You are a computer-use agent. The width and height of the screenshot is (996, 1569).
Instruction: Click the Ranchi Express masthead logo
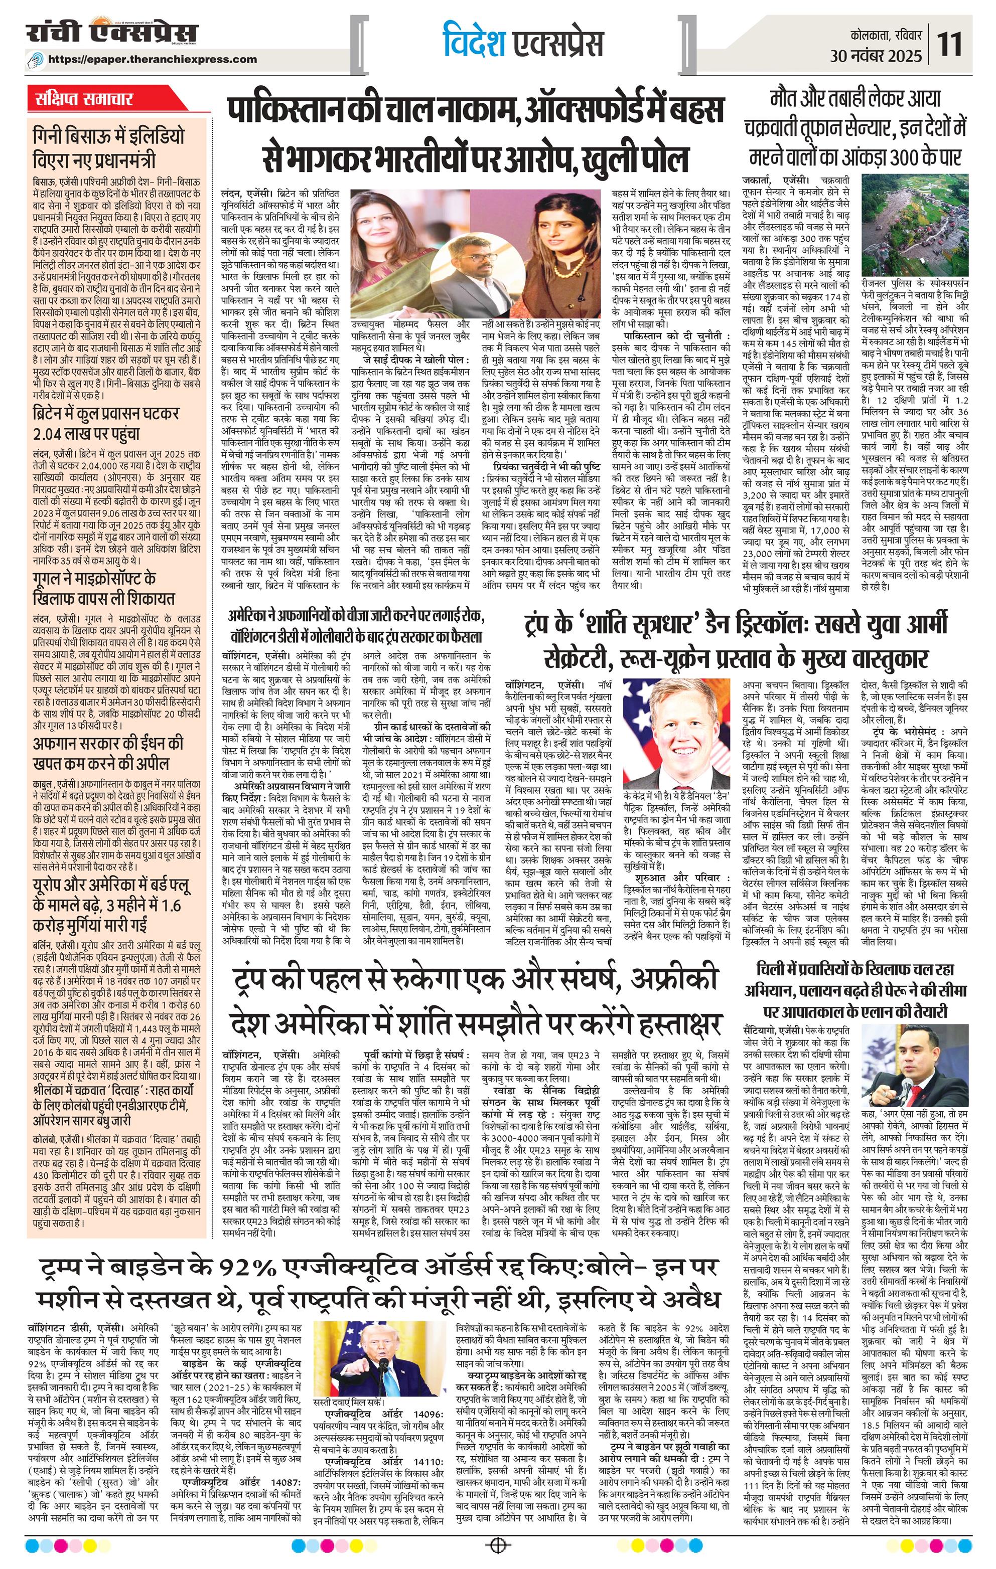[111, 34]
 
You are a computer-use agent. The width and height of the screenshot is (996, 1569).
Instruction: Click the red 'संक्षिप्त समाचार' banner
[85, 99]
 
